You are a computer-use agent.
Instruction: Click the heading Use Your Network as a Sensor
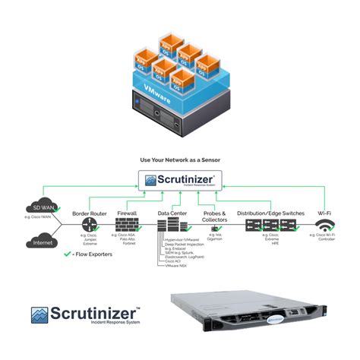(179, 161)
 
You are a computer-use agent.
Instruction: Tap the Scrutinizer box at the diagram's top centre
(180, 182)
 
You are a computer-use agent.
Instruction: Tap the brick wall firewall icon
(127, 226)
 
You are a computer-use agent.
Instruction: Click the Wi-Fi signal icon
(324, 226)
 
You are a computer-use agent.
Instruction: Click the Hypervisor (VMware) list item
(185, 239)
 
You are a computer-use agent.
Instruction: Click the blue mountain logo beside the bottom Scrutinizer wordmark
(41, 316)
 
